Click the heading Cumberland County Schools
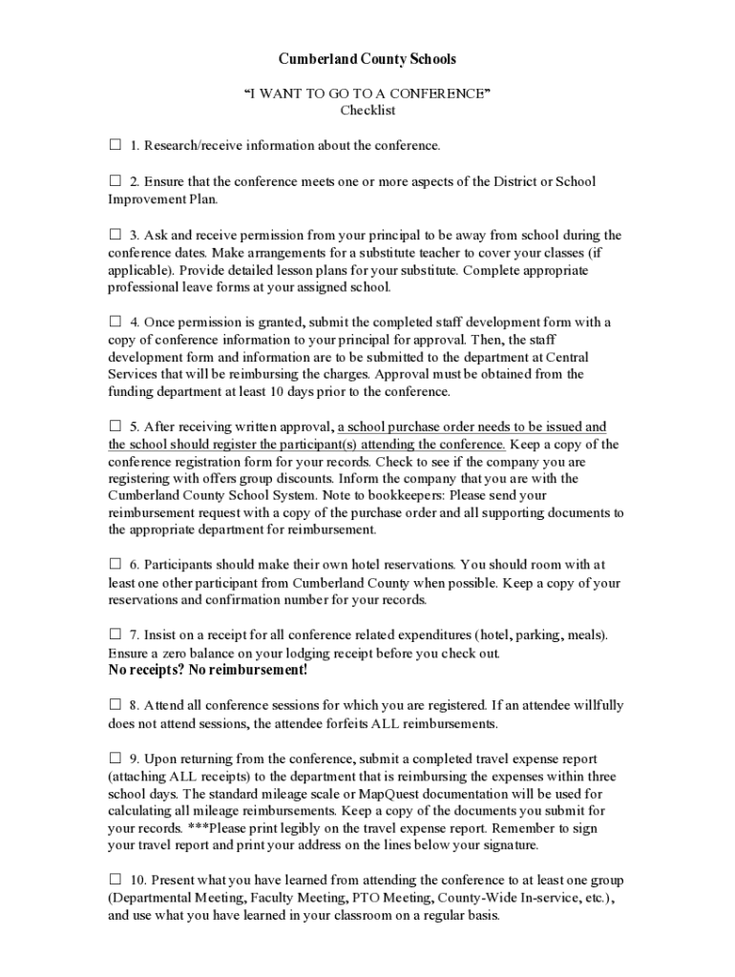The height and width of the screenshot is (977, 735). [x=367, y=59]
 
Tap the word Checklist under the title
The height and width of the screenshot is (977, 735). [x=367, y=111]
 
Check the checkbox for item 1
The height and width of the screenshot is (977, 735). [x=115, y=145]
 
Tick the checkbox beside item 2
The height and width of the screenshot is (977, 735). [x=115, y=180]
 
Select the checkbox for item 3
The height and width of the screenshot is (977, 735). [x=115, y=234]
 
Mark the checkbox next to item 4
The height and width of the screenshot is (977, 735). [x=115, y=322]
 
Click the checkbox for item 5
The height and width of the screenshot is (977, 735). [x=115, y=426]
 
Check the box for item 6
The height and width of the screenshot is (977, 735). [x=115, y=564]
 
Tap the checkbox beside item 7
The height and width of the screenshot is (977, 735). [x=115, y=634]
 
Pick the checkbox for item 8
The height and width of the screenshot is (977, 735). [x=115, y=705]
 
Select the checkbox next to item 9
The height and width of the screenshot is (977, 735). [x=115, y=759]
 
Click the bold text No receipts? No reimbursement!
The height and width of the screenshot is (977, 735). [x=208, y=670]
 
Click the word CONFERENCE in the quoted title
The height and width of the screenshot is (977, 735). [x=443, y=94]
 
